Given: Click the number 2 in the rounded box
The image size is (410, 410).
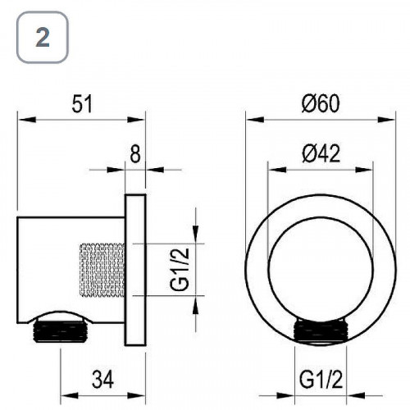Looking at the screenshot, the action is click(x=43, y=37).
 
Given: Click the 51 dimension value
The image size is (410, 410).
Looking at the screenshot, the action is click(x=82, y=104).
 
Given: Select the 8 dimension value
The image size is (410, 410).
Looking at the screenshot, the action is click(x=135, y=154).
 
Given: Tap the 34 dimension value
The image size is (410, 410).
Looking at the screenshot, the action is click(x=102, y=379).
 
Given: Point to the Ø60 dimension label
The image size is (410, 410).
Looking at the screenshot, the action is click(x=321, y=103).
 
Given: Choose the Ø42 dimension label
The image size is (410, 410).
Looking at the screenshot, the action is click(x=321, y=153).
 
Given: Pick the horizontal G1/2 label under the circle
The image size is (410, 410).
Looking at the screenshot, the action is click(x=321, y=379).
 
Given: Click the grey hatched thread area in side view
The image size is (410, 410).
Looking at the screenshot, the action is click(x=102, y=270).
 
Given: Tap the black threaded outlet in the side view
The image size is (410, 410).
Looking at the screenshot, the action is click(x=61, y=330).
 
